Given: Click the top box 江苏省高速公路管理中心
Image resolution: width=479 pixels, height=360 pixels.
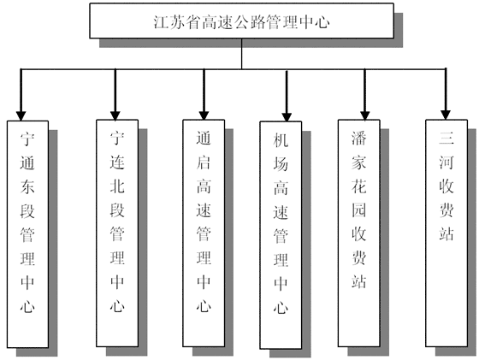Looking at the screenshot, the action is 241,21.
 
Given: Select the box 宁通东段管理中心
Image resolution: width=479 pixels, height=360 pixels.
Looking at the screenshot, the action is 27,234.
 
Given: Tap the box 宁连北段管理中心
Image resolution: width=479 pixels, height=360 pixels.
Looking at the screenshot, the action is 117,233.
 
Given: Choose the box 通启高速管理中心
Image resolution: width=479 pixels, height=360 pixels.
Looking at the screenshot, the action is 204,233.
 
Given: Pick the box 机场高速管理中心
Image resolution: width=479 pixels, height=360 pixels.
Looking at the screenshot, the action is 281,235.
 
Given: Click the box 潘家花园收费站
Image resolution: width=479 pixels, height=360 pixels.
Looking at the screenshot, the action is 359,233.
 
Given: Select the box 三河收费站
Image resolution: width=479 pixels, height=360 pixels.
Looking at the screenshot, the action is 446,233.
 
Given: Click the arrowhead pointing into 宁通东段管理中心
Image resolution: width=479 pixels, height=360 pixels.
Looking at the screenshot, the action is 21,116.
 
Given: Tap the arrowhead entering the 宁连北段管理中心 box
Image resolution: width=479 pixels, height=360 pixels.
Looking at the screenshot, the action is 115,115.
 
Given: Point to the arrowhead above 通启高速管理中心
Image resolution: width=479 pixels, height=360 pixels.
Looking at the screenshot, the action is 204,115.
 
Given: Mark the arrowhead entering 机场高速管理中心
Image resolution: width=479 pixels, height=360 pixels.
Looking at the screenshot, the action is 287,117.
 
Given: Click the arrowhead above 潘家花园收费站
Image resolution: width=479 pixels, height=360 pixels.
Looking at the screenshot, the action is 364,115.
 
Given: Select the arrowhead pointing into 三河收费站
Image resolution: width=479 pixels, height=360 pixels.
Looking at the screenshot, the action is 446,115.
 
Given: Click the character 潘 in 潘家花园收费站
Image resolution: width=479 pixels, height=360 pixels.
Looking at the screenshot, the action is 358,138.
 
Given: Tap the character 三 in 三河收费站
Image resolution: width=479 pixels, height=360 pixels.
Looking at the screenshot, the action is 446,138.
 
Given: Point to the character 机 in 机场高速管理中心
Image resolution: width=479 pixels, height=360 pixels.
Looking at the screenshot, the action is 281,140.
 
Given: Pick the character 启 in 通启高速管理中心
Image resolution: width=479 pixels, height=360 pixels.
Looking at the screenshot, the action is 204,162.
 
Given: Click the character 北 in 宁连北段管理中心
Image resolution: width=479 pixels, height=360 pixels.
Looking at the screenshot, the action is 117,186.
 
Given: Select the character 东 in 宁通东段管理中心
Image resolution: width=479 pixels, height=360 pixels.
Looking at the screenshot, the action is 27,186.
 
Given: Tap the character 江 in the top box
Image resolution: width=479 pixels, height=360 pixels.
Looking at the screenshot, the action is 161,22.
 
